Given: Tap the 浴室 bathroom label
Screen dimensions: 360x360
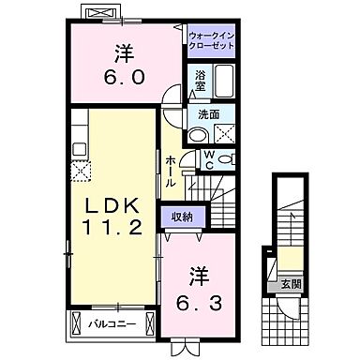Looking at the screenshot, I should click(x=201, y=80).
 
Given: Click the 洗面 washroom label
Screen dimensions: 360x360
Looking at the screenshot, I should click(x=206, y=113).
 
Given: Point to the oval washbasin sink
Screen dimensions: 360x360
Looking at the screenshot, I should click(x=199, y=135).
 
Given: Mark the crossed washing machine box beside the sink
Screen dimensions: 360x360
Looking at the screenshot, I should click(x=224, y=134).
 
